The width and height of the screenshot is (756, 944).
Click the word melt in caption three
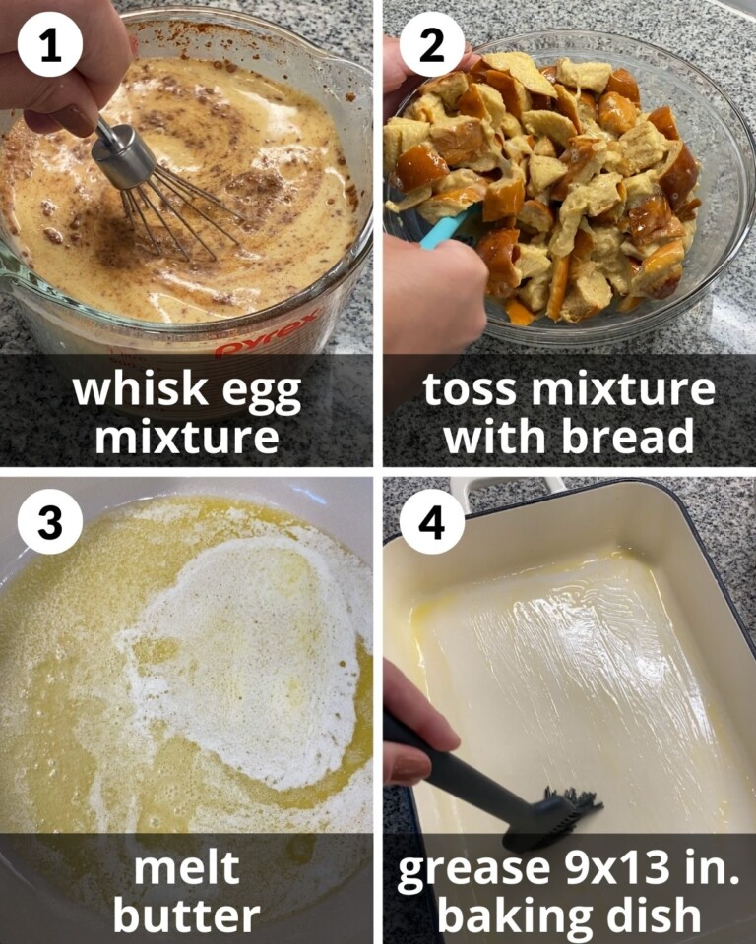click(x=186, y=867)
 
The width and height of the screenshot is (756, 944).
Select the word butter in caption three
click(x=186, y=914)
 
